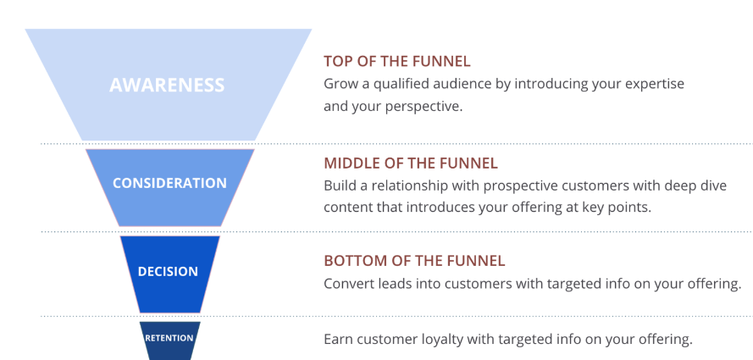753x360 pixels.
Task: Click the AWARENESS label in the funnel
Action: pos(167,85)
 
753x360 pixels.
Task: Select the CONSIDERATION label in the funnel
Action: pos(169,183)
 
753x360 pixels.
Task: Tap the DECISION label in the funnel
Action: pos(168,271)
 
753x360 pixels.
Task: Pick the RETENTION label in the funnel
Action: pos(169,338)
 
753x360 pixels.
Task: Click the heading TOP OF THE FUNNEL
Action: pos(396,62)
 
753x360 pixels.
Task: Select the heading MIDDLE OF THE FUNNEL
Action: pos(411,163)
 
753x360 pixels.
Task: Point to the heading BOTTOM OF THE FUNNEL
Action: pos(414,261)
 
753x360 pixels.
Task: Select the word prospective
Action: pos(520,186)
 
